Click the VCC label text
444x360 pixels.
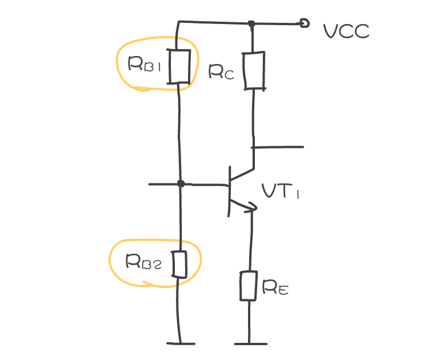tap(346, 31)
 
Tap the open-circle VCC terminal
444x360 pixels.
tap(305, 23)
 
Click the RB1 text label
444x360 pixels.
tap(145, 63)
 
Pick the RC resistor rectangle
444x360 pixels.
tap(254, 70)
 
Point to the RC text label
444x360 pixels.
tap(222, 71)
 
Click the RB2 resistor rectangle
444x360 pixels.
tap(179, 264)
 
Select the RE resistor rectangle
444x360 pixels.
tap(249, 286)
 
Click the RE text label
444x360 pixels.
tap(275, 287)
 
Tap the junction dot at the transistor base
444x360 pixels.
tap(181, 184)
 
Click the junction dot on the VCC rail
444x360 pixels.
tap(251, 24)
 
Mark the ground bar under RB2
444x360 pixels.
tap(181, 343)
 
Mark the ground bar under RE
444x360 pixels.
tap(250, 343)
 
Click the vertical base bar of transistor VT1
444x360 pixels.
tap(229, 191)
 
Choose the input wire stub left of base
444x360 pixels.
tap(163, 184)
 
